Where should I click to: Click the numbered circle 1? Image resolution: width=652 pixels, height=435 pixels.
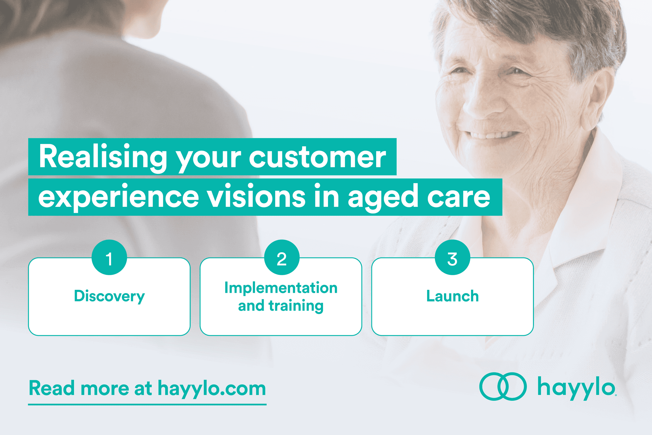click(109, 257)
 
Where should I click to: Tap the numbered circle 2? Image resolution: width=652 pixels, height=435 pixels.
click(282, 257)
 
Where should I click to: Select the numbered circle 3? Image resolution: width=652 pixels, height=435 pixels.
click(452, 257)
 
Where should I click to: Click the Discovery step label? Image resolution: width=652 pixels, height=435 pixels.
click(109, 296)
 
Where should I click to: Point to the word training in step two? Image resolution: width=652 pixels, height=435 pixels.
click(296, 306)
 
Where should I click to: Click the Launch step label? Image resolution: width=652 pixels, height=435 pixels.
click(452, 296)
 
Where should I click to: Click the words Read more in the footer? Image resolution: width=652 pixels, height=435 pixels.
click(79, 388)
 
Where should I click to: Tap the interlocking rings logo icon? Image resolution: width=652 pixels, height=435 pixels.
click(503, 386)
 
